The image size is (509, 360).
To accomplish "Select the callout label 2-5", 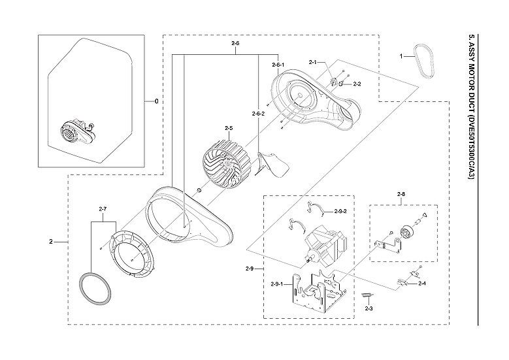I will pos(229,128).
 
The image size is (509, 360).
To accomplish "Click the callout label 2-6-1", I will pos(278,65).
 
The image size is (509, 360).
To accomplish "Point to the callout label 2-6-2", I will pos(258,114).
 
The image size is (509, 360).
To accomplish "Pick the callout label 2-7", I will pos(103,208).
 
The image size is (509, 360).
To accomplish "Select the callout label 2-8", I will pos(401,194).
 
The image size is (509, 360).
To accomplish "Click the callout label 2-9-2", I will pos(340,212).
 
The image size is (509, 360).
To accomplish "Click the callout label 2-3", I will pos(369,308).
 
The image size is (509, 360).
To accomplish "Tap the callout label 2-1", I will pos(312,63).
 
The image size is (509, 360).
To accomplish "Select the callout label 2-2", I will pos(357,84).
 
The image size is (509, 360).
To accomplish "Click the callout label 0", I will pos(156,101).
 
